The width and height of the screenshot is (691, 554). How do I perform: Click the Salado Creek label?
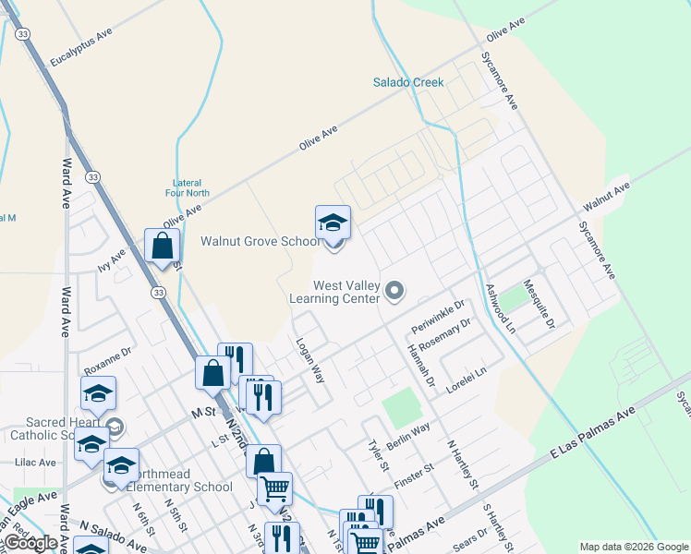click(408, 82)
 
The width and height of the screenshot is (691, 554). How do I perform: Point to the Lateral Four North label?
click(191, 187)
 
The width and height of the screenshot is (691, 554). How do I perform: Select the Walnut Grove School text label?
click(261, 242)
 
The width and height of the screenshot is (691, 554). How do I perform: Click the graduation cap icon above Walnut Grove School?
click(333, 223)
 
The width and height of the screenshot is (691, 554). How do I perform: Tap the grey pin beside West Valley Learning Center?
click(394, 292)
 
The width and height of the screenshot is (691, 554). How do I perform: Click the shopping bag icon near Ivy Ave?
click(163, 246)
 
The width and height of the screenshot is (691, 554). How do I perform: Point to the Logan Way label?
click(310, 359)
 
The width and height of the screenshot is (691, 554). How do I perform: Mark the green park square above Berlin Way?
click(400, 407)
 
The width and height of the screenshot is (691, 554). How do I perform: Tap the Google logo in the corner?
click(30, 543)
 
